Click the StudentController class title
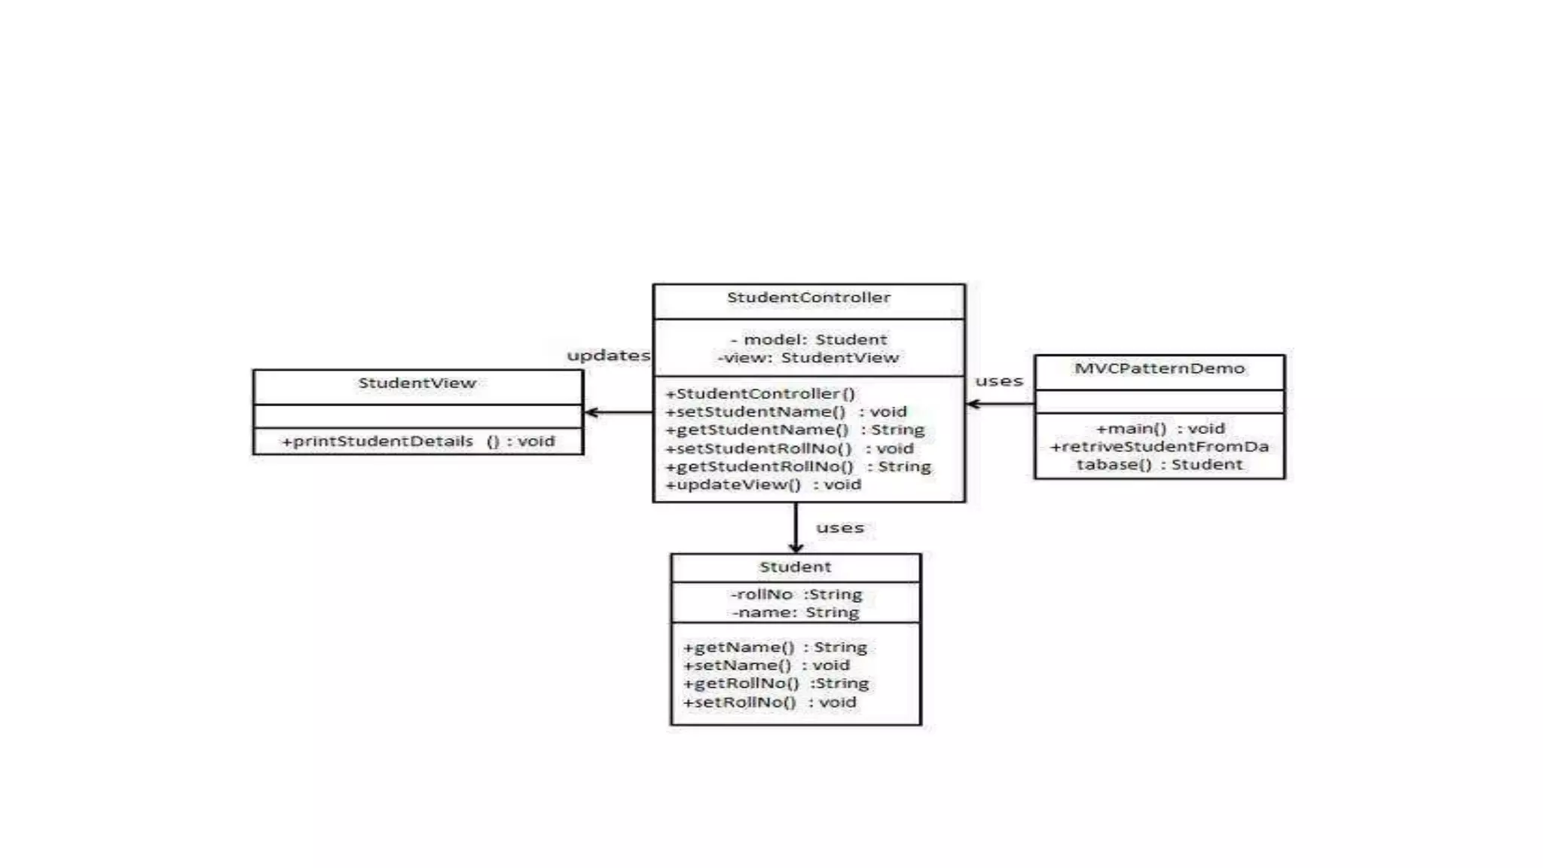(x=808, y=298)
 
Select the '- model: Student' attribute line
(x=808, y=340)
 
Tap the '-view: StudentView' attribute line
(x=808, y=358)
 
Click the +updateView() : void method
(x=762, y=484)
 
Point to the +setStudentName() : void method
(x=786, y=412)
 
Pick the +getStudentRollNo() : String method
(x=798, y=466)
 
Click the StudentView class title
(x=417, y=383)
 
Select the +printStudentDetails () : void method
(x=417, y=442)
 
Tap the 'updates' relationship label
(x=608, y=356)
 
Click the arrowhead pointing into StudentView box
(x=591, y=412)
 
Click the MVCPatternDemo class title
(x=1159, y=368)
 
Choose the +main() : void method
(x=1160, y=429)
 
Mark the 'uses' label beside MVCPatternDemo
(x=999, y=381)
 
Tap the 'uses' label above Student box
(x=839, y=528)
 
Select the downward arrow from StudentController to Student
(x=796, y=527)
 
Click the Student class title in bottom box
(x=795, y=567)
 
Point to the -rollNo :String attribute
(x=796, y=594)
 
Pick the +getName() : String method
(x=775, y=647)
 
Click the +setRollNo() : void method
(x=769, y=702)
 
